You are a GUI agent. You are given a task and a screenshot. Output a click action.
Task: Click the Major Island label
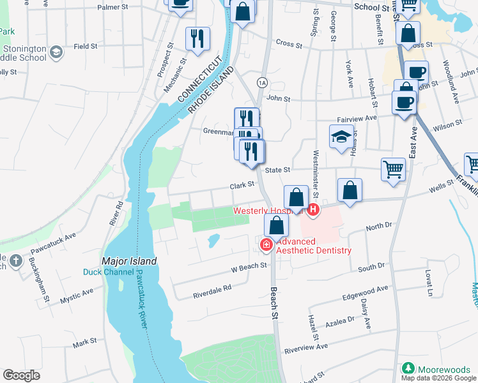click(128, 262)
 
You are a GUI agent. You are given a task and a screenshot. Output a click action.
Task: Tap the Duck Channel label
click(109, 272)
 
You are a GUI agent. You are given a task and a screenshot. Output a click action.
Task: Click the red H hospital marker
click(313, 209)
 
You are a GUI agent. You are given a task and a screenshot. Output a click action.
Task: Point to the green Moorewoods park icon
click(408, 369)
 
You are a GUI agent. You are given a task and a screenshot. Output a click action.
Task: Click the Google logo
click(21, 375)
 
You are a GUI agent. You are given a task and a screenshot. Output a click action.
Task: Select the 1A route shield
click(261, 83)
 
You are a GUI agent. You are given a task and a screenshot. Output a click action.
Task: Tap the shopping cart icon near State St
click(393, 170)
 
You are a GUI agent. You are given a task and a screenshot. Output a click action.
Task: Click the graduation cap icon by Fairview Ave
click(342, 137)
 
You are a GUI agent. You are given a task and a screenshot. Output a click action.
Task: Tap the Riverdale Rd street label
click(212, 291)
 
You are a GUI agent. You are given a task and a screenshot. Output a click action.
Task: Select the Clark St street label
click(242, 184)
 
